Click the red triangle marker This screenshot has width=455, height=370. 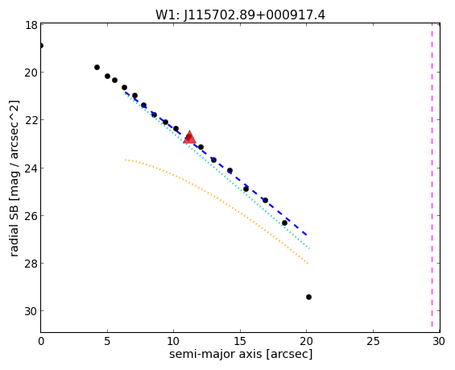[x=189, y=138]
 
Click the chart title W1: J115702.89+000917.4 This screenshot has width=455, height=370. [x=240, y=15]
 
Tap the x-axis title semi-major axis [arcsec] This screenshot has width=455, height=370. [x=241, y=354]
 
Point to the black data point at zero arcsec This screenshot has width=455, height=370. [x=41, y=46]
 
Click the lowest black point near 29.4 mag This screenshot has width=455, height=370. [x=308, y=297]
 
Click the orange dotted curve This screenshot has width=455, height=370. [x=216, y=203]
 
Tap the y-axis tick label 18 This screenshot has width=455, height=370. [x=31, y=25]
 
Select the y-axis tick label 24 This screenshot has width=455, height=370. [x=31, y=168]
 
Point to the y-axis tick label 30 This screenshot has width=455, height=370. [x=31, y=311]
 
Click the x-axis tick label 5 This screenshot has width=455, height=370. [x=107, y=341]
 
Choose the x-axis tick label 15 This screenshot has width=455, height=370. [x=240, y=341]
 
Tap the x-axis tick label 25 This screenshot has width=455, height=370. [x=373, y=341]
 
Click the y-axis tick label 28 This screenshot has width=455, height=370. [x=31, y=264]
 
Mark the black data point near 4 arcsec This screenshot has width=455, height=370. [x=97, y=68]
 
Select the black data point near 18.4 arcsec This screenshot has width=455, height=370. [x=284, y=222]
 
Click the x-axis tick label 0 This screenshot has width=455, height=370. [x=41, y=341]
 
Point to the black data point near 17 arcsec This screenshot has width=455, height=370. [x=265, y=200]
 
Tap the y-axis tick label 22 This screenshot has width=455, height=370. [x=31, y=121]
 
